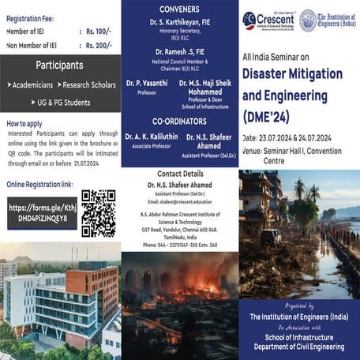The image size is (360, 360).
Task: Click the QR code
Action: (99, 212)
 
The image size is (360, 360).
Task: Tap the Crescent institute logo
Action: (269, 20)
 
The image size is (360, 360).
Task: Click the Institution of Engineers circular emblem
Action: (308, 20)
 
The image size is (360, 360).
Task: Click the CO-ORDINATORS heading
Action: (180, 121)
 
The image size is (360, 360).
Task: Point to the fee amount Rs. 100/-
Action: (98, 32)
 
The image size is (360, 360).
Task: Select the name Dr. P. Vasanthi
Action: (147, 82)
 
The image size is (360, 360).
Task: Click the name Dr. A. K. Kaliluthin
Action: (152, 137)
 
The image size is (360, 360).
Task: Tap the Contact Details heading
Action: (180, 173)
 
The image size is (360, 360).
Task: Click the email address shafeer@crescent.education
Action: (180, 201)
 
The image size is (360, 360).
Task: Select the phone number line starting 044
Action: (180, 245)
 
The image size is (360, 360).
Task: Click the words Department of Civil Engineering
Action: (299, 344)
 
